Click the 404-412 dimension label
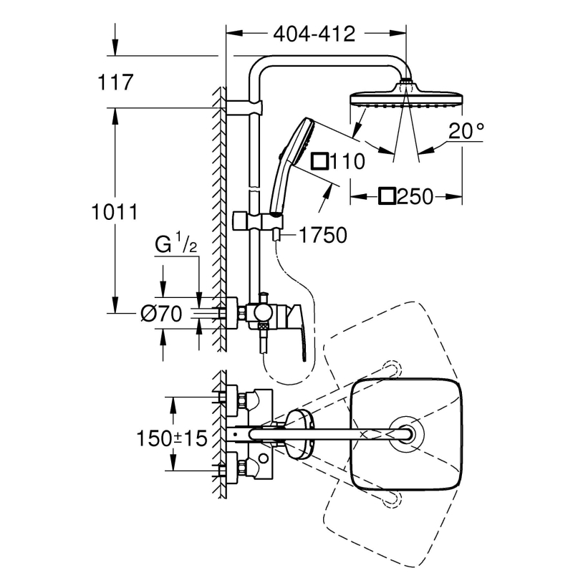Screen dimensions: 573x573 pyautogui.click(x=314, y=34)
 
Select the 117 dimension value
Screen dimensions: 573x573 pyautogui.click(x=115, y=82)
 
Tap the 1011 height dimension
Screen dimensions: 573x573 pyautogui.click(x=115, y=212)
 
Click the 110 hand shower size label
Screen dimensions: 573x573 pyautogui.click(x=347, y=161)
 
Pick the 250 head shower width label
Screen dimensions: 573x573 pyautogui.click(x=415, y=196)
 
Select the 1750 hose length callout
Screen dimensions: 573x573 pyautogui.click(x=323, y=235)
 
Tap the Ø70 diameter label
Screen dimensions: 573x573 pyautogui.click(x=161, y=314)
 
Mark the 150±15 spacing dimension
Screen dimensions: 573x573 pyautogui.click(x=172, y=438)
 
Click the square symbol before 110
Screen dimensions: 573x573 pyautogui.click(x=319, y=161)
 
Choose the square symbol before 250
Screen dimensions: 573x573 pyautogui.click(x=387, y=196)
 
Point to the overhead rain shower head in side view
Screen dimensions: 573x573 pyautogui.click(x=406, y=96)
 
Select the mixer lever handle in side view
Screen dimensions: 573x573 pyautogui.click(x=297, y=331)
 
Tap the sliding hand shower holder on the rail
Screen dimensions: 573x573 pyautogui.click(x=259, y=221)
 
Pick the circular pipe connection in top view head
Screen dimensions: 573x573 pyautogui.click(x=406, y=434)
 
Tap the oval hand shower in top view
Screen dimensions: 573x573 pyautogui.click(x=299, y=435)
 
